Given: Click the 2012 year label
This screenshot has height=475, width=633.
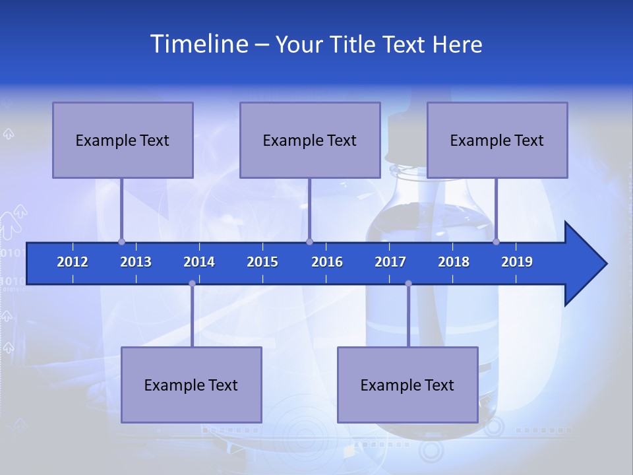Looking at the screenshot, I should coord(73,262).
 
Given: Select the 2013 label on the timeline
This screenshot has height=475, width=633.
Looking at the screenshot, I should coord(136,262).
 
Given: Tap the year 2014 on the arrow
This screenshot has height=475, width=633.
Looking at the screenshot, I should coord(199,262).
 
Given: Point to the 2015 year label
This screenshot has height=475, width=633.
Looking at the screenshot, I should coord(262,262).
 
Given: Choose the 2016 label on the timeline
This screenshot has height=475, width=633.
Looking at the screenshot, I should coord(327,262).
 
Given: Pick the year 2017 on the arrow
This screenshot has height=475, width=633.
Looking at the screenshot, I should coord(390,262).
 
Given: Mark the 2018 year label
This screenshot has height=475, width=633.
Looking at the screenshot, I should coord(454,262).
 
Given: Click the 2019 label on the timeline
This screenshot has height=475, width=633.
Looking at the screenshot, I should coord(517,262).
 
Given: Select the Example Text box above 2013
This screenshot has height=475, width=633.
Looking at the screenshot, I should coord(123,140).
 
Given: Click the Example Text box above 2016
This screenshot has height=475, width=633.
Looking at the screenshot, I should coord(310,140).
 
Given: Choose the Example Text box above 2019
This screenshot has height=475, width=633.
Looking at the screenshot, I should coord(497,140).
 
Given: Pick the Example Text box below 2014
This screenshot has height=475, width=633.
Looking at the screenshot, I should coord(191,385).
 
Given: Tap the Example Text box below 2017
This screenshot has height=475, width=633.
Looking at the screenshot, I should coord(407,385).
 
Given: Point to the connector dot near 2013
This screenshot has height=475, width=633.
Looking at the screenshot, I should coord(121,241).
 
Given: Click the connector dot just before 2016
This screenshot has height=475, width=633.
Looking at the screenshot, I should coord(309,241).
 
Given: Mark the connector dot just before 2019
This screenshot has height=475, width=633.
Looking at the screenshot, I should coord(496,241).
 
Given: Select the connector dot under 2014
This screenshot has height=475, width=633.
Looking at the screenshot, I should coord(192,284).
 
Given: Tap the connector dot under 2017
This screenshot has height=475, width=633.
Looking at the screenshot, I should coord(408,284).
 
